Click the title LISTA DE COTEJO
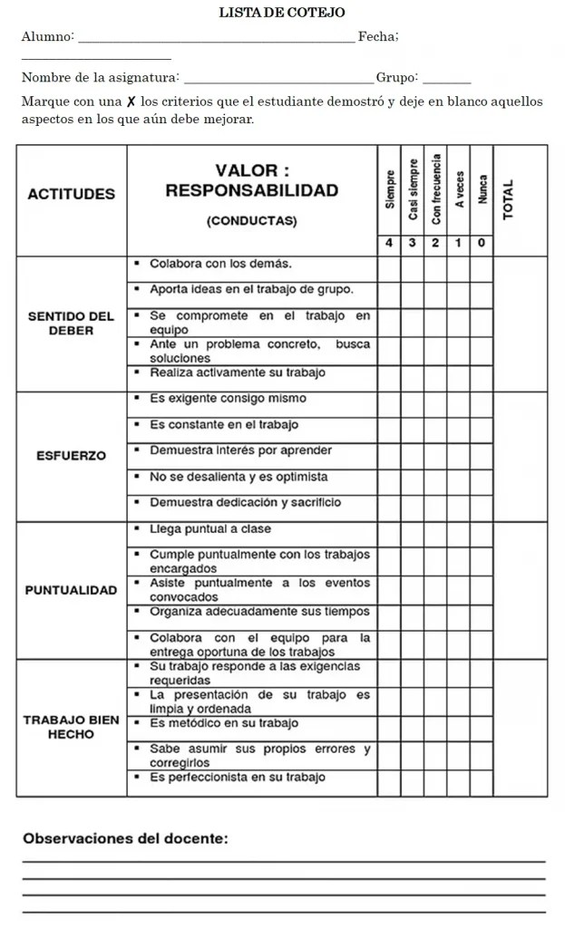(282, 12)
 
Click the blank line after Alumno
(218, 38)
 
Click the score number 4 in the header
(388, 243)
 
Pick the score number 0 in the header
(482, 243)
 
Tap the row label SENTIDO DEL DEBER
(72, 324)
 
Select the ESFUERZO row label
(72, 456)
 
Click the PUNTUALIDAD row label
(72, 590)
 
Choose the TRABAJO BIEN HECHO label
(72, 727)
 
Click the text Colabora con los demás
(220, 264)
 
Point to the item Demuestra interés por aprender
(240, 450)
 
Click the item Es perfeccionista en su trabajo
(238, 778)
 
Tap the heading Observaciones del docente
(125, 838)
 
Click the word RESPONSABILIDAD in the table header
(252, 190)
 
